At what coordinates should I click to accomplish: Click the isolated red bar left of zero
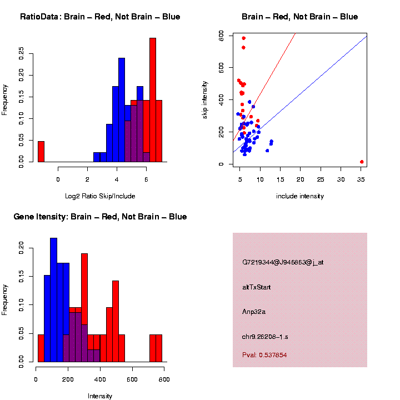pyautogui.click(x=41, y=151)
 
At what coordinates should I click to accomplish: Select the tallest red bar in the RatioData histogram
pyautogui.click(x=153, y=100)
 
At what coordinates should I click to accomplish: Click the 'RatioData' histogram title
pyautogui.click(x=100, y=17)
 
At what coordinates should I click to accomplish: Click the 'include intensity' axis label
pyautogui.click(x=300, y=196)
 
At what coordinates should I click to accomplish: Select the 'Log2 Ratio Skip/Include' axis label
pyautogui.click(x=100, y=196)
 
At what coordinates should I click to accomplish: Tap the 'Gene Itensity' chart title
pyautogui.click(x=100, y=217)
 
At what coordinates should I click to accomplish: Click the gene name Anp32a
pyautogui.click(x=254, y=312)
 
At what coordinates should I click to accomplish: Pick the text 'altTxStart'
pyautogui.click(x=257, y=287)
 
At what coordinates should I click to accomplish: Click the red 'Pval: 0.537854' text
pyautogui.click(x=264, y=355)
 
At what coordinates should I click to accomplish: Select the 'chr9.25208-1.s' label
pyautogui.click(x=265, y=337)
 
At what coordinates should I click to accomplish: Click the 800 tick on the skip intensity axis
pyautogui.click(x=221, y=35)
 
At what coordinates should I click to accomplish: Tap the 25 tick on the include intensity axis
pyautogui.click(x=321, y=179)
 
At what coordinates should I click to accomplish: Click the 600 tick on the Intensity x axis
pyautogui.click(x=132, y=379)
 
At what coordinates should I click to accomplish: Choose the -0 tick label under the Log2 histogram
pyautogui.click(x=58, y=179)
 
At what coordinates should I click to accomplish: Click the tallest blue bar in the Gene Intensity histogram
pyautogui.click(x=54, y=300)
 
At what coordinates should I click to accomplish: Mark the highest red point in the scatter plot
pyautogui.click(x=243, y=38)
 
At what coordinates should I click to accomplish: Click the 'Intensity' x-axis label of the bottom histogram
pyautogui.click(x=100, y=396)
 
